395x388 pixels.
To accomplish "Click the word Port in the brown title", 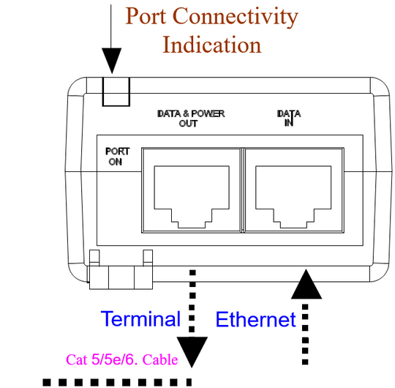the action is coord(146,16).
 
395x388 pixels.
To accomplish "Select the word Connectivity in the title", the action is coord(236,18).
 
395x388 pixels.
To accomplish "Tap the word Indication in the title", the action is coord(212,45).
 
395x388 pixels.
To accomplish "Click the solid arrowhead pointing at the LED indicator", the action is coord(112,61).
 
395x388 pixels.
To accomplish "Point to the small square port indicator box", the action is coord(116,92).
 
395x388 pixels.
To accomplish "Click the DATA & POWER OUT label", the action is coord(191,119).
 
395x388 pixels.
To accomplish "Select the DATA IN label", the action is coord(289,118).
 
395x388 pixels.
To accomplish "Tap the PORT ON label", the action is coord(117,157).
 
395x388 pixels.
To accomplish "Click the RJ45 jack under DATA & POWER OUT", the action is coord(192,197).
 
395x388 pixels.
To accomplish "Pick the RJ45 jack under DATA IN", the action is coord(293,197).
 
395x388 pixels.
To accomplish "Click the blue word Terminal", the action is coord(140,318).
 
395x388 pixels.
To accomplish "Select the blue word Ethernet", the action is coord(256,319).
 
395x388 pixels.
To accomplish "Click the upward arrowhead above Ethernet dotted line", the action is coord(306,284).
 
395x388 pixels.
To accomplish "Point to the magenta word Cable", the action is coord(160,359).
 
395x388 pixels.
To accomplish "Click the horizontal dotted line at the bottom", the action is coord(117,382).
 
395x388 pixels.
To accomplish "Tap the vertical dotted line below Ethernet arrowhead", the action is coord(305,335).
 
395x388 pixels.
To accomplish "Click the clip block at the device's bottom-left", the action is coord(121,277).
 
